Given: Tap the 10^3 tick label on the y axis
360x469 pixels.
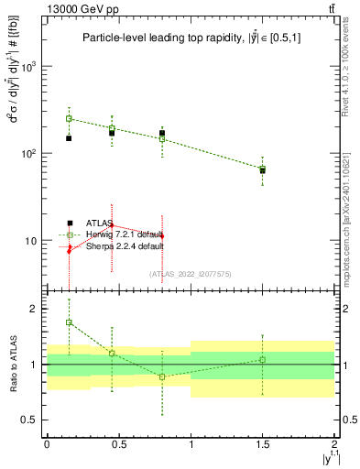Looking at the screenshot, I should (x=31, y=67).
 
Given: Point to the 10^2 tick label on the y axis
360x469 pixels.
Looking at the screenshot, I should (x=31, y=153).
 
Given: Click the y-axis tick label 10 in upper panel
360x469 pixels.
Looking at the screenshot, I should (x=34, y=240).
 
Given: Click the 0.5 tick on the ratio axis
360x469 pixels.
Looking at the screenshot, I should (x=33, y=420).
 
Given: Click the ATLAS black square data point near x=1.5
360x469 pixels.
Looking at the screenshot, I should (x=262, y=170).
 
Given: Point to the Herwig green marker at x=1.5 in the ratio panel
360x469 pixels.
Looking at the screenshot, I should (x=262, y=359).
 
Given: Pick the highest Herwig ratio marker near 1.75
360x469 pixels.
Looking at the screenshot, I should (x=69, y=322).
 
